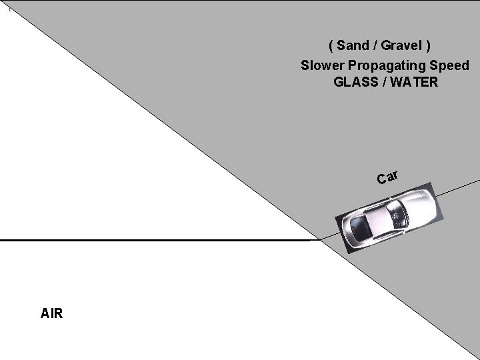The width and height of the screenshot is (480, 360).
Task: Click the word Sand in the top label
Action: (351, 46)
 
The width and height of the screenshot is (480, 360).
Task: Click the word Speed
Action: (449, 65)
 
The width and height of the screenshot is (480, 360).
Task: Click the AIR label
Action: (51, 313)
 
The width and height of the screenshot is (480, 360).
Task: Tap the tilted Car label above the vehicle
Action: (387, 177)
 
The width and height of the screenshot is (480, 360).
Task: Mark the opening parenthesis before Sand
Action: (331, 46)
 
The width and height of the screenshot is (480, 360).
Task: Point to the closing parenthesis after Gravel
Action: (429, 46)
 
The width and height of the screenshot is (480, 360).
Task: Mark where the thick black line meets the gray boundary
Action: (319, 239)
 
